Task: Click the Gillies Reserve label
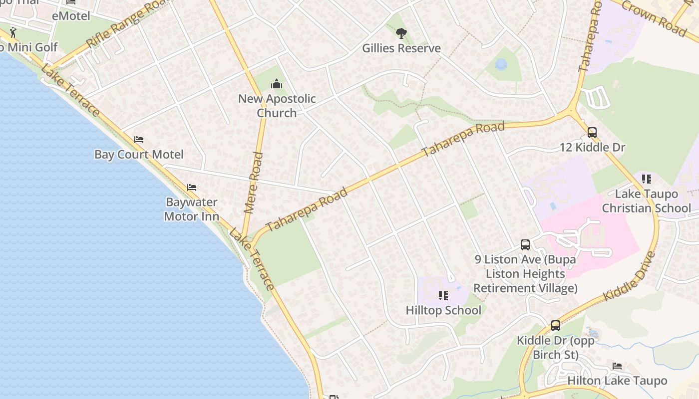[x=401, y=48]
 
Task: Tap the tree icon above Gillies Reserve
[x=401, y=33]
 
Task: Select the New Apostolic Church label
[x=277, y=106]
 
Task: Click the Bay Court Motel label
[x=139, y=155]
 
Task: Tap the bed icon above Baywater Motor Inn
[x=192, y=188]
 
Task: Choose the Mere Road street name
[x=254, y=183]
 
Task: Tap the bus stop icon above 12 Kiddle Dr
[x=592, y=133]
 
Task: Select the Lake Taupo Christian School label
[x=647, y=201]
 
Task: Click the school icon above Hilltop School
[x=443, y=296]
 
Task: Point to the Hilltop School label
[x=443, y=310]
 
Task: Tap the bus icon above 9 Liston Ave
[x=525, y=244]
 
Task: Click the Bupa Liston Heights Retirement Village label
[x=525, y=274]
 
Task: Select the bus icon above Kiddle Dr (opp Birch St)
[x=556, y=326]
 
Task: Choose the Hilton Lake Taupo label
[x=617, y=381]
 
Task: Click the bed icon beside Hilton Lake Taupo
[x=617, y=366]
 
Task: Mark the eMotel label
[x=71, y=16]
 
